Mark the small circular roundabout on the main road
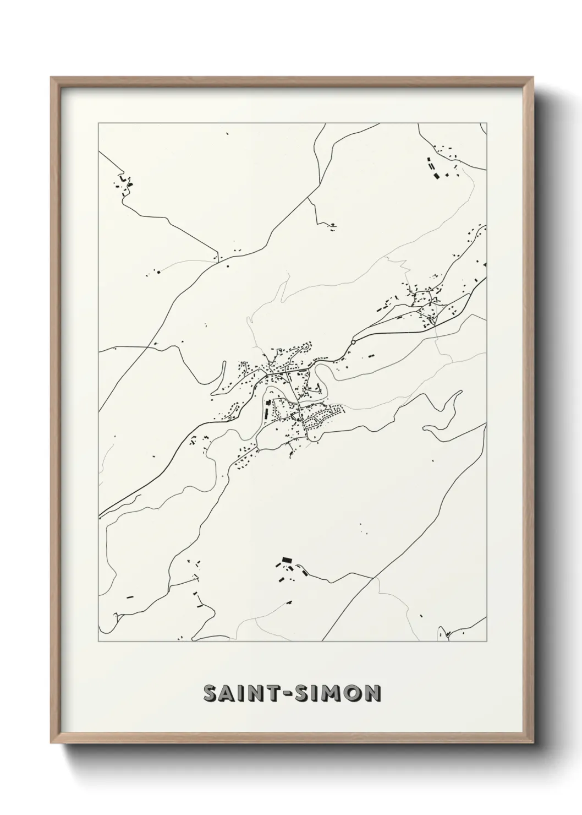353,342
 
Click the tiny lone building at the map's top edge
226,133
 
